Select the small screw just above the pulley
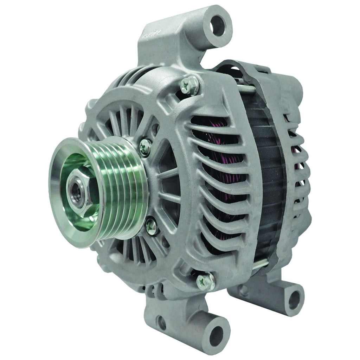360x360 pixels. pyautogui.click(x=145, y=147)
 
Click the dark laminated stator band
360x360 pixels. pyautogui.click(x=267, y=176)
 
